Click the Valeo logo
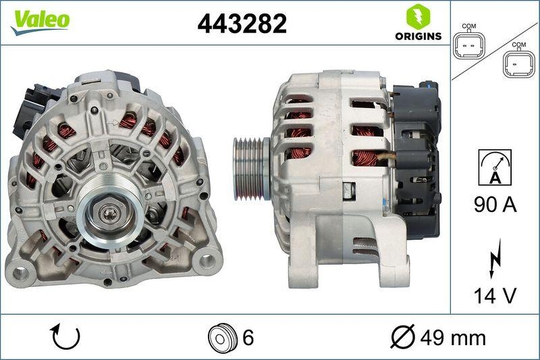pos(40,20)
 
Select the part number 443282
pos(242,24)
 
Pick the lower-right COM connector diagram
pos(518,64)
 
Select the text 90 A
pos(495,205)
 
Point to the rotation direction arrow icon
pos(65,336)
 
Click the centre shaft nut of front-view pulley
pos(109,215)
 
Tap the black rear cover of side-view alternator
pos(415,159)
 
